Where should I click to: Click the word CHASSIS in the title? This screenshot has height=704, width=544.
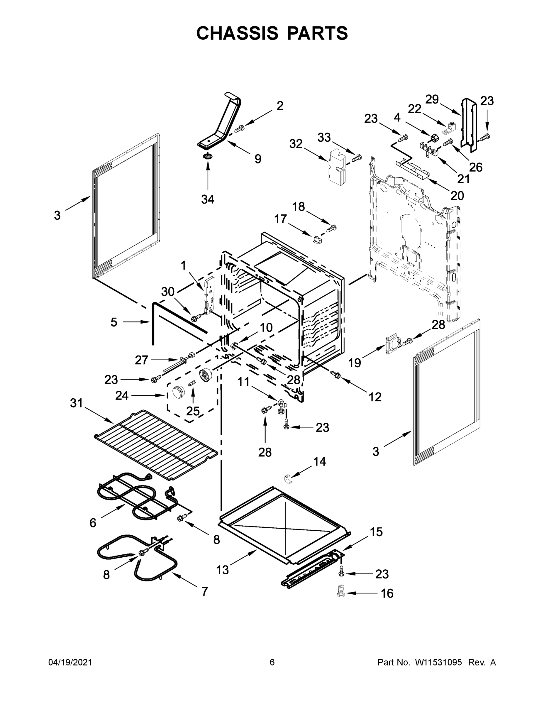237,33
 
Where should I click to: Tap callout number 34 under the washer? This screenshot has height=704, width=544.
208,199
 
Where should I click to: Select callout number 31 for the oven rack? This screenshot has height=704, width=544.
77,403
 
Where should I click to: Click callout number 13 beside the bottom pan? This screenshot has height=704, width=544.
222,570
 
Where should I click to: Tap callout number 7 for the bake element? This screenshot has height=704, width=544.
205,591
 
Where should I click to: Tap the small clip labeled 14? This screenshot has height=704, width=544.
289,479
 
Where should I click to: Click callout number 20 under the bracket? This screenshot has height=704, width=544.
457,195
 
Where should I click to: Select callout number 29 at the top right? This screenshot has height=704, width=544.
432,100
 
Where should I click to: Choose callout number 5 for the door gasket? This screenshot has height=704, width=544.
114,322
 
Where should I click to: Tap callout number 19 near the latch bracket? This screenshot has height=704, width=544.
355,363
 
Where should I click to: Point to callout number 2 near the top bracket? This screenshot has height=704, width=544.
280,106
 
